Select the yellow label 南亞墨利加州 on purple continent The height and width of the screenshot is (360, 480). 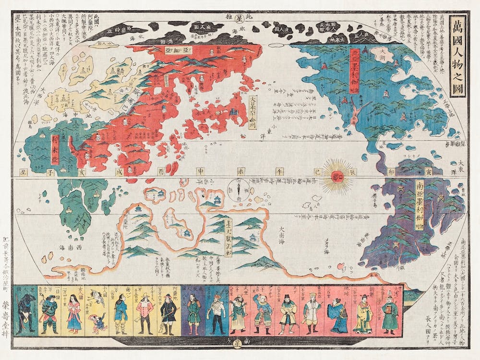pyautogui.click(x=419, y=205)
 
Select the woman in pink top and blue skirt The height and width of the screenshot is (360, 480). pyautogui.click(x=74, y=314)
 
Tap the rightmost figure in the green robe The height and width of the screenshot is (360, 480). pyautogui.click(x=390, y=312)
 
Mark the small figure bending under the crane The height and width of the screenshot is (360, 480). pyautogui.click(x=99, y=323)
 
